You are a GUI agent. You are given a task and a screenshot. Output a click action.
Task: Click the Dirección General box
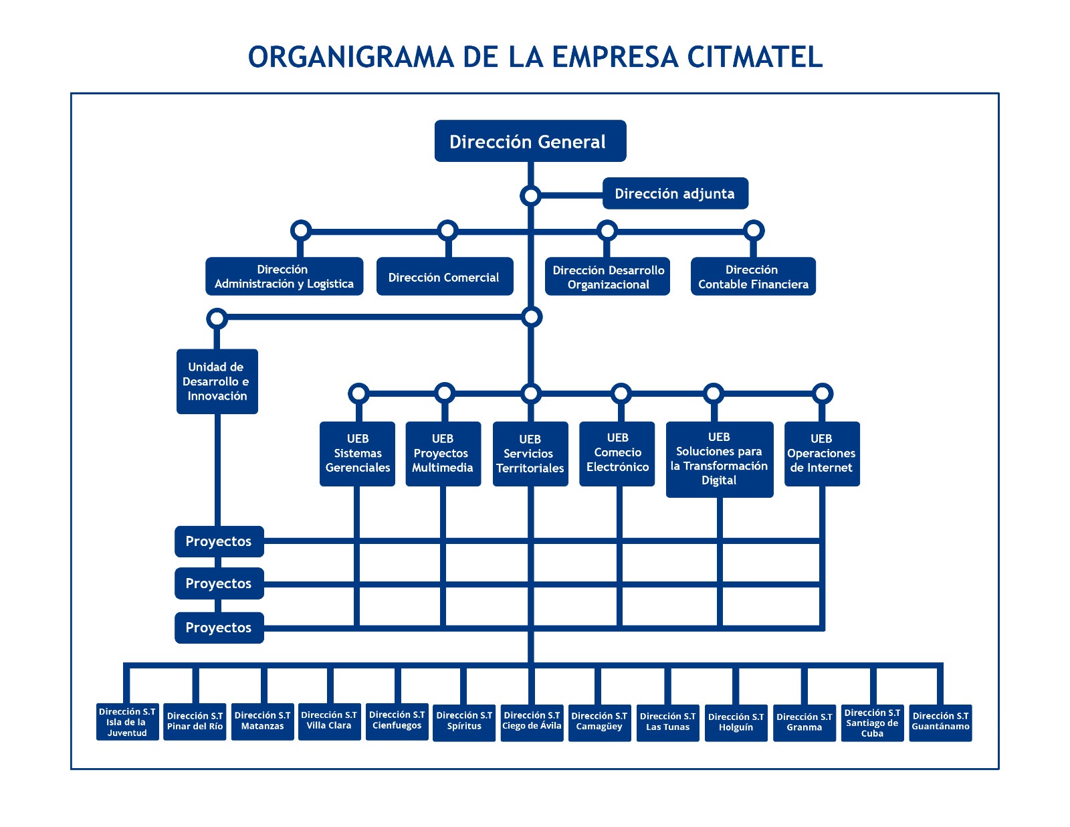pyautogui.click(x=530, y=141)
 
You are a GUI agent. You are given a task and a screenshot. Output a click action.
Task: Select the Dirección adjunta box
pyautogui.click(x=675, y=193)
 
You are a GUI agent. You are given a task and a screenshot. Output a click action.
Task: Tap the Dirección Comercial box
pyautogui.click(x=444, y=276)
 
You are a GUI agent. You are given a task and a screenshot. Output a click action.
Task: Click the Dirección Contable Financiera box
pyautogui.click(x=752, y=276)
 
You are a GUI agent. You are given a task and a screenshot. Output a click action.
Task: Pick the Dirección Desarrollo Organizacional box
pyautogui.click(x=607, y=276)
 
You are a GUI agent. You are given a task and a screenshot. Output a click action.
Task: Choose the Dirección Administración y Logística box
pyautogui.click(x=284, y=276)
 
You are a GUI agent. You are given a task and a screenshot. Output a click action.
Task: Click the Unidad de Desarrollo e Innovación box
pyautogui.click(x=217, y=381)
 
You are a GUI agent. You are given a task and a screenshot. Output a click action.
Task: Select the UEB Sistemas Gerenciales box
pyautogui.click(x=357, y=454)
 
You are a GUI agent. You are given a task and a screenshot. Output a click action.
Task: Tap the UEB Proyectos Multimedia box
pyautogui.click(x=443, y=454)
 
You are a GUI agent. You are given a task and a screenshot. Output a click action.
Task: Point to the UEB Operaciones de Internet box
pyautogui.click(x=821, y=454)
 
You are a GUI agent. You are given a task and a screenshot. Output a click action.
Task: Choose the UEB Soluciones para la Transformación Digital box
pyautogui.click(x=719, y=459)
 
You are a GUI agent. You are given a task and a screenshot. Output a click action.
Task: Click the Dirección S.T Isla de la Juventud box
pyautogui.click(x=127, y=722)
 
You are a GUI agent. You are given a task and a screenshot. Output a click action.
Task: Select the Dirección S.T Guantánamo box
pyautogui.click(x=940, y=723)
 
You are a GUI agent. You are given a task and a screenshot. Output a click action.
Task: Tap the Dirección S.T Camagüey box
pyautogui.click(x=599, y=723)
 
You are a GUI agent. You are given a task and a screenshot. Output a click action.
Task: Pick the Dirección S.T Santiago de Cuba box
pyautogui.click(x=871, y=723)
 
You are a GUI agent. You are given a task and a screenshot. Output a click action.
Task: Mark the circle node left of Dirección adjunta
pyautogui.click(x=530, y=196)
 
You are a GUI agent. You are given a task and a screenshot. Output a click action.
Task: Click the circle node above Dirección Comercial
pyautogui.click(x=447, y=231)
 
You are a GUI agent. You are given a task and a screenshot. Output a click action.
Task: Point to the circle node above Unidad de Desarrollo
pyautogui.click(x=217, y=318)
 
